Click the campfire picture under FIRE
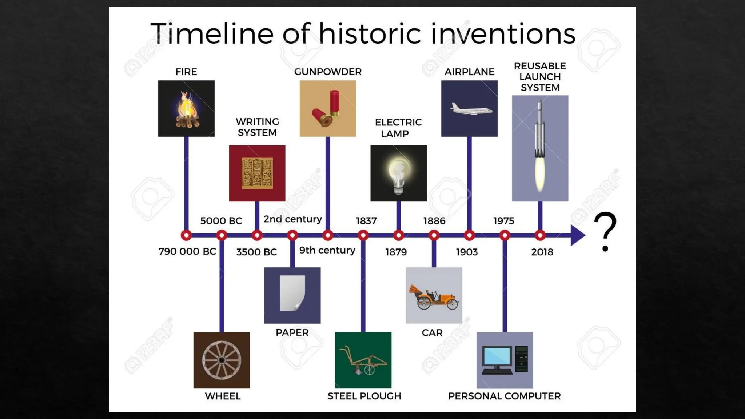[186, 109]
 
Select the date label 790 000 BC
[187, 251]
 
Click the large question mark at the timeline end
[605, 231]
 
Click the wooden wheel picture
[222, 360]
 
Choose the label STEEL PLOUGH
[364, 396]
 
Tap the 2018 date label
[542, 252]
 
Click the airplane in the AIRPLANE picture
[471, 109]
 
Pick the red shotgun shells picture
[327, 109]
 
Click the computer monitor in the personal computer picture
[497, 357]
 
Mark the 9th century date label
[327, 250]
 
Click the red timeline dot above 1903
[469, 235]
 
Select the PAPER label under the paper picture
[292, 332]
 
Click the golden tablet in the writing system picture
[257, 173]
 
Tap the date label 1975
[503, 221]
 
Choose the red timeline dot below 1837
[363, 235]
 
